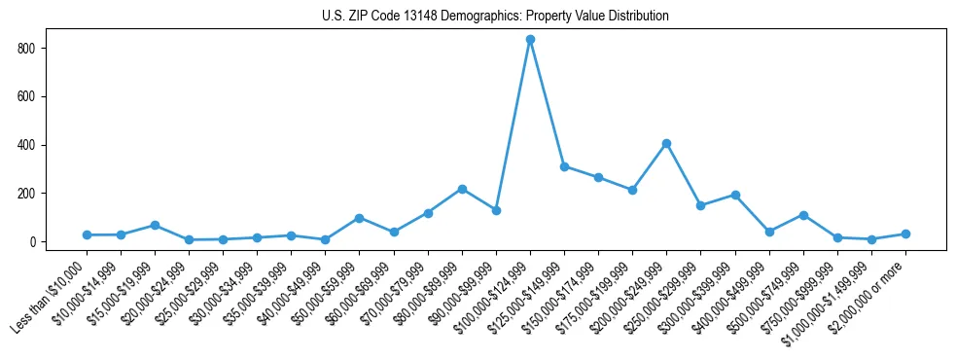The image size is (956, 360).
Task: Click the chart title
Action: click(495, 17)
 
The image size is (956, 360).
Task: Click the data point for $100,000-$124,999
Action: click(530, 40)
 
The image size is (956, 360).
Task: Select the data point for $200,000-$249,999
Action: click(666, 144)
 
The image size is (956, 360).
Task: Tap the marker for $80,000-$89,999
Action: click(462, 189)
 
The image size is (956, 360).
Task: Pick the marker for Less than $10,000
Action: click(87, 235)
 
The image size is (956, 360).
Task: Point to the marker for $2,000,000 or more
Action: click(905, 234)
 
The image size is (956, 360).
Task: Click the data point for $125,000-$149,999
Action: click(564, 166)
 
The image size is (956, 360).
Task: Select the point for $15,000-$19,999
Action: click(155, 226)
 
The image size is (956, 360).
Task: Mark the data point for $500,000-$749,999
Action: click(803, 215)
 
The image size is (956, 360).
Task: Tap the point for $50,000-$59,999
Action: click(359, 218)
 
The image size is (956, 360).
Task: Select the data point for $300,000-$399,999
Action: click(735, 195)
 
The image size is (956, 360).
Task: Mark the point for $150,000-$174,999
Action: click(598, 177)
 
